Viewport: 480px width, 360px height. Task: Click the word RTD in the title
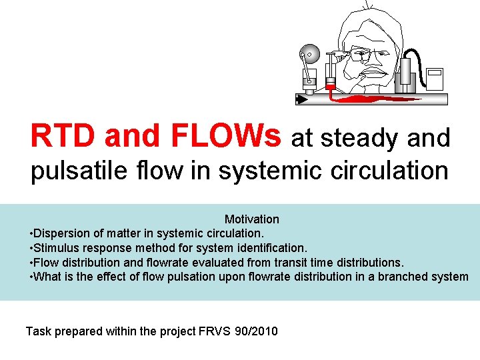click(62, 136)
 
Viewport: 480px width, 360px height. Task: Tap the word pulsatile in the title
click(73, 171)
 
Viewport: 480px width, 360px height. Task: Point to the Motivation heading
click(251, 219)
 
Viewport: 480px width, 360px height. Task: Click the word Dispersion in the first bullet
click(59, 234)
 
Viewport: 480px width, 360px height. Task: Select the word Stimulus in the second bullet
click(55, 248)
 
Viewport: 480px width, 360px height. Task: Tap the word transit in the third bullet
click(296, 263)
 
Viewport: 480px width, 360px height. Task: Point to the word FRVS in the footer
click(216, 331)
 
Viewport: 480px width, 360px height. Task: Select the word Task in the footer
click(38, 331)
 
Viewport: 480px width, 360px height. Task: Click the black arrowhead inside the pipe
click(301, 100)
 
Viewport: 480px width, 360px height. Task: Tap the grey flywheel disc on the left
click(308, 51)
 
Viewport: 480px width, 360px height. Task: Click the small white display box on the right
click(435, 78)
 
